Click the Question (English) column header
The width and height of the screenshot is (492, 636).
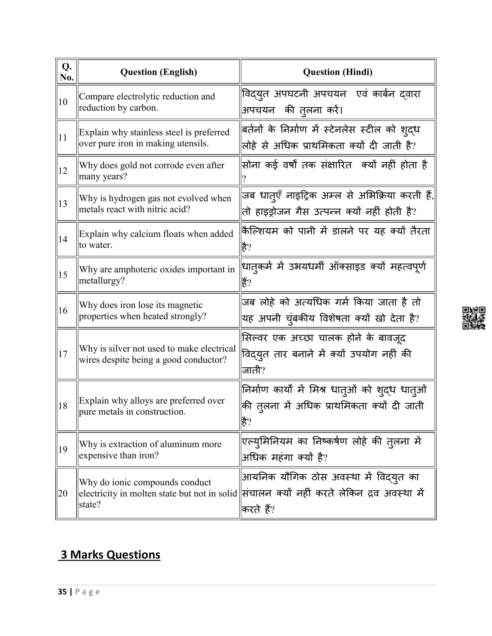pos(159,72)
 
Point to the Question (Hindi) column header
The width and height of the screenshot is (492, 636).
pos(337,72)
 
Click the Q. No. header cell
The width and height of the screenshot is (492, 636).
pos(67,72)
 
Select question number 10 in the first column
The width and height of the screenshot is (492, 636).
pos(63,102)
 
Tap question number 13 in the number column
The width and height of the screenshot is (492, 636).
pos(63,204)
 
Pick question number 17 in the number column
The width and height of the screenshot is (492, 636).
pos(63,354)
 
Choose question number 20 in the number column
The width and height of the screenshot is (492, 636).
pos(63,493)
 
